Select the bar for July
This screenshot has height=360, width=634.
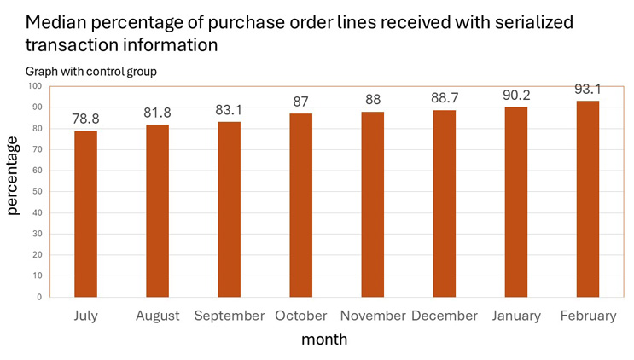click(85, 213)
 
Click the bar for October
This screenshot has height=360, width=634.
click(301, 205)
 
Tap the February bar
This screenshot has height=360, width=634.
click(588, 199)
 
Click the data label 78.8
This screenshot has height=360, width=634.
click(85, 119)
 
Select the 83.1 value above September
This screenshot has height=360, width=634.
click(229, 109)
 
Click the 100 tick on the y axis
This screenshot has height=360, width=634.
click(33, 86)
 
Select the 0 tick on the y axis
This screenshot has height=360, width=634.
click(38, 297)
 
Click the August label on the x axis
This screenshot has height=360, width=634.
click(157, 316)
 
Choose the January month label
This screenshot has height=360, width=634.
click(516, 316)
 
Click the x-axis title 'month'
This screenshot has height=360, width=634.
click(323, 340)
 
